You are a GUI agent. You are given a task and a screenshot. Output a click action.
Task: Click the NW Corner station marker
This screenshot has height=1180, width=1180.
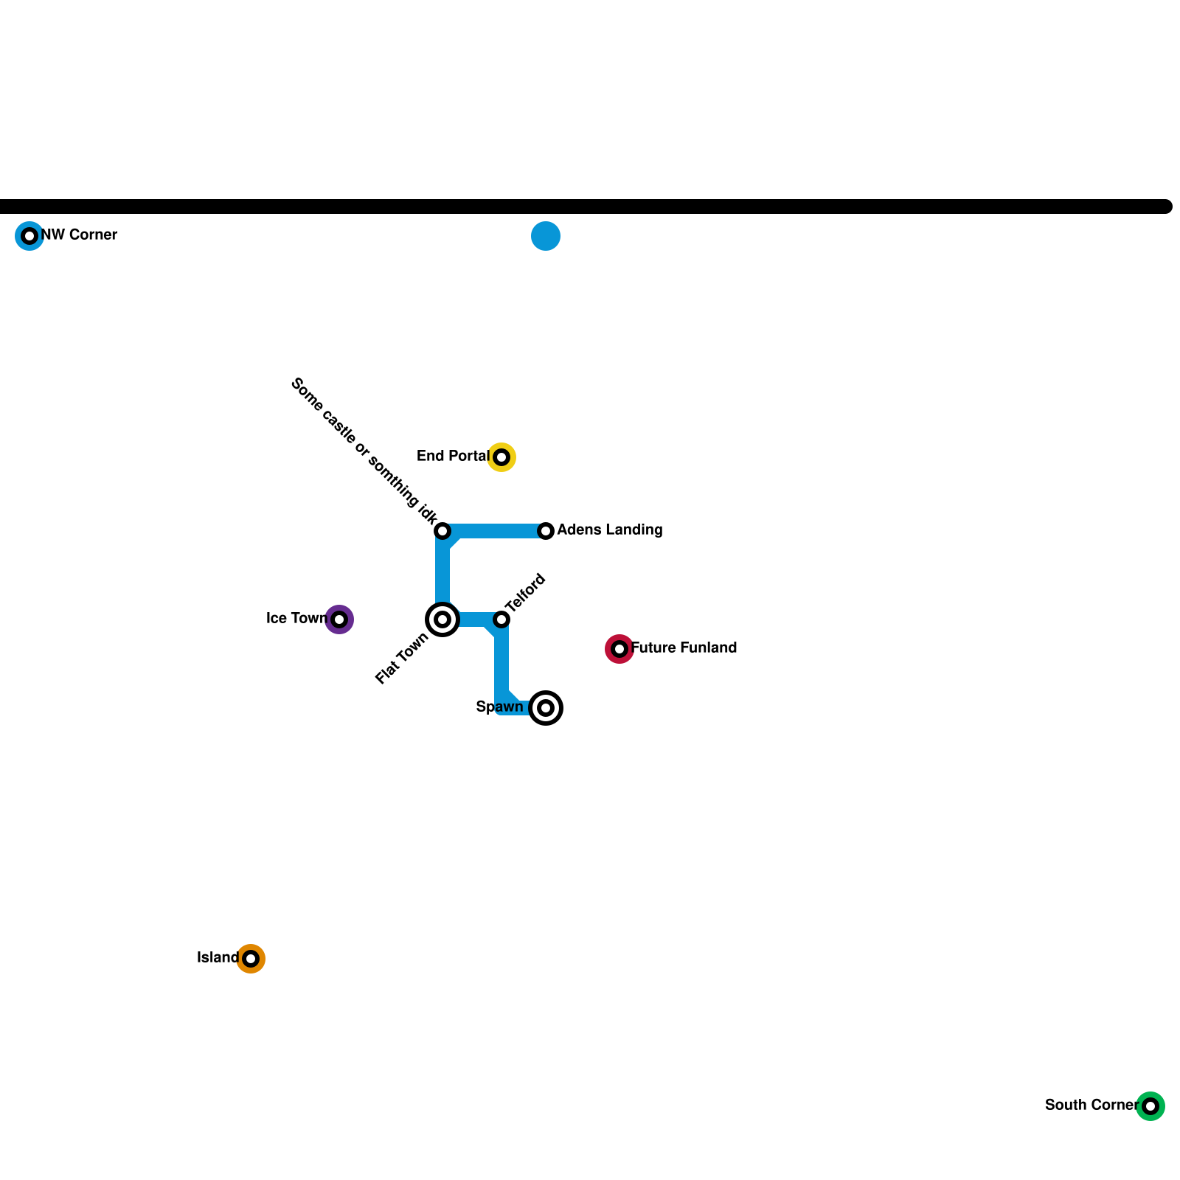pos(29,236)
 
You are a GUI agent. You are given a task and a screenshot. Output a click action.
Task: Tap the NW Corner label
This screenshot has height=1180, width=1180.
pos(79,235)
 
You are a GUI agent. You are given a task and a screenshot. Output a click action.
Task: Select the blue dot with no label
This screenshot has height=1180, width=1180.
pos(546,236)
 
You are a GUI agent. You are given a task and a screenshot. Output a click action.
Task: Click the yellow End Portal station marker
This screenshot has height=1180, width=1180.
pos(502,457)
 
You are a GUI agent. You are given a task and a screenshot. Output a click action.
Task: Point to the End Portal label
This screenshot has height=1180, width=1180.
pos(453,457)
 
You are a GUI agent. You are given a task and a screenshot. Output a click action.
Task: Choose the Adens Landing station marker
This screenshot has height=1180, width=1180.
pos(546,531)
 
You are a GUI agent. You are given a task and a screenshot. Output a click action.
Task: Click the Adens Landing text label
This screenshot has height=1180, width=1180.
pos(610,530)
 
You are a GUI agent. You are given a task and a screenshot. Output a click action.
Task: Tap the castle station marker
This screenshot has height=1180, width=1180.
pos(442,531)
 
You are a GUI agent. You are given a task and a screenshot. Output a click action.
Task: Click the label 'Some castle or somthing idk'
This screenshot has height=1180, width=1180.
pos(364,451)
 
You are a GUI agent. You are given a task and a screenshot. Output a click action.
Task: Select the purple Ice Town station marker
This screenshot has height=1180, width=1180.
pos(339,619)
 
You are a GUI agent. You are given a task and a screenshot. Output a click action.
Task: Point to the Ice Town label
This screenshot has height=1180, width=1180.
pos(296,619)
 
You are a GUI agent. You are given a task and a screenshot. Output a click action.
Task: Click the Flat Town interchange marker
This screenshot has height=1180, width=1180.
pos(442,619)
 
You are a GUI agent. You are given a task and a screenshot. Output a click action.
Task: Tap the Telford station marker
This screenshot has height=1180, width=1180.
pos(502,619)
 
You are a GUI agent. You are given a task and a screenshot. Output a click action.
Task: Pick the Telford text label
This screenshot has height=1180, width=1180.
pos(525,593)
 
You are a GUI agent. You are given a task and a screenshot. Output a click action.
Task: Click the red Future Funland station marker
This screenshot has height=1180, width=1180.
pos(619,649)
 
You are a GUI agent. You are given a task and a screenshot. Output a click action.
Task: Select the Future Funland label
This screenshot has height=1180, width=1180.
pos(684,648)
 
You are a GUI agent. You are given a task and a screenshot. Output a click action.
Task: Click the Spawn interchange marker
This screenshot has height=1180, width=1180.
pos(546,708)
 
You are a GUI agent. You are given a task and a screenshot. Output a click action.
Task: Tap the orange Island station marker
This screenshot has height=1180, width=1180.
pos(251,959)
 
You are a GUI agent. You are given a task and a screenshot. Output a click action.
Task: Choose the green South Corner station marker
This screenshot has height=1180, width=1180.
pos(1150,1106)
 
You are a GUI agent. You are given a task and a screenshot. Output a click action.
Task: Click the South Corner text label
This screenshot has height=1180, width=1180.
pos(1091,1106)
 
